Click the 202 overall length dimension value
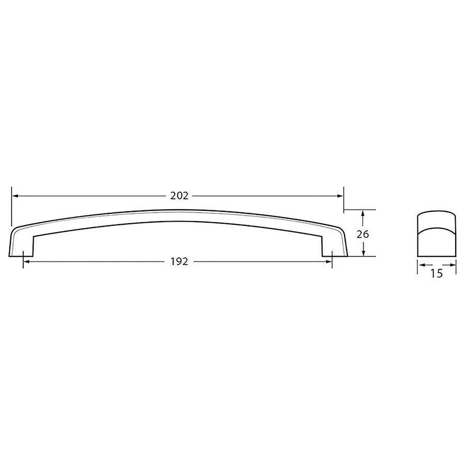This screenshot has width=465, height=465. coord(178,196)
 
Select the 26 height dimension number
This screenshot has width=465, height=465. coord(363,234)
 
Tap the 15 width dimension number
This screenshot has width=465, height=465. coord(437,274)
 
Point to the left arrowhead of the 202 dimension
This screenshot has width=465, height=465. coord(14,196)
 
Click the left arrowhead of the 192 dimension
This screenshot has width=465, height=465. coord(26,262)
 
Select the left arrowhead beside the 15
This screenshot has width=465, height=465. coord(420,266)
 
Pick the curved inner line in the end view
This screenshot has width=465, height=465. coord(437,227)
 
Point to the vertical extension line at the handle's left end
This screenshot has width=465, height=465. coord(11,207)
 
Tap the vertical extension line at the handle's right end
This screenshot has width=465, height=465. coord(344,199)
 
